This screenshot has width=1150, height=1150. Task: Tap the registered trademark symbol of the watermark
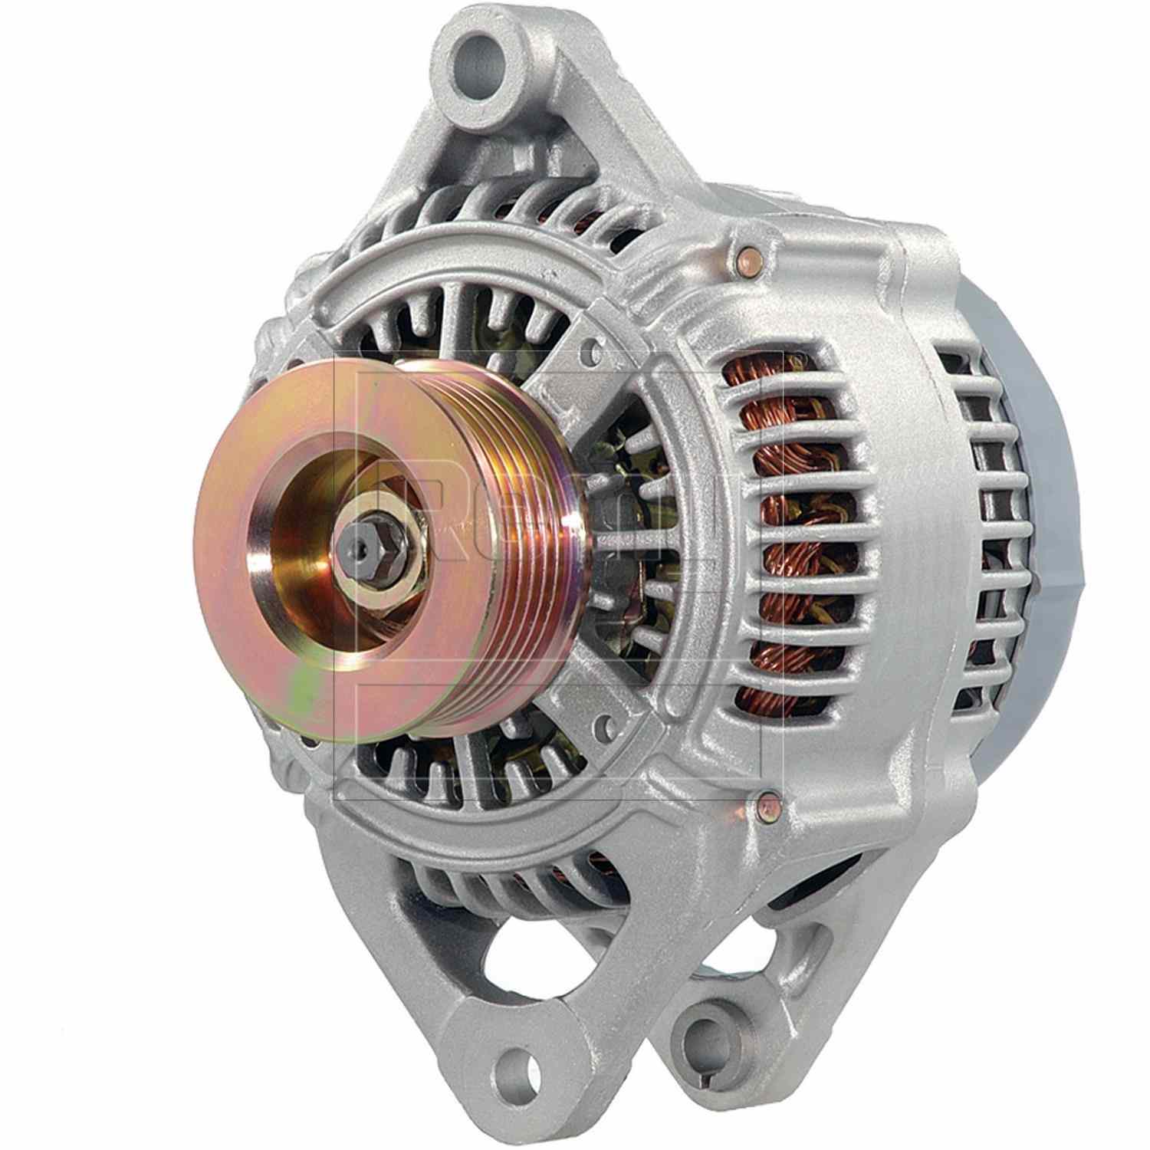point(799,356)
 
